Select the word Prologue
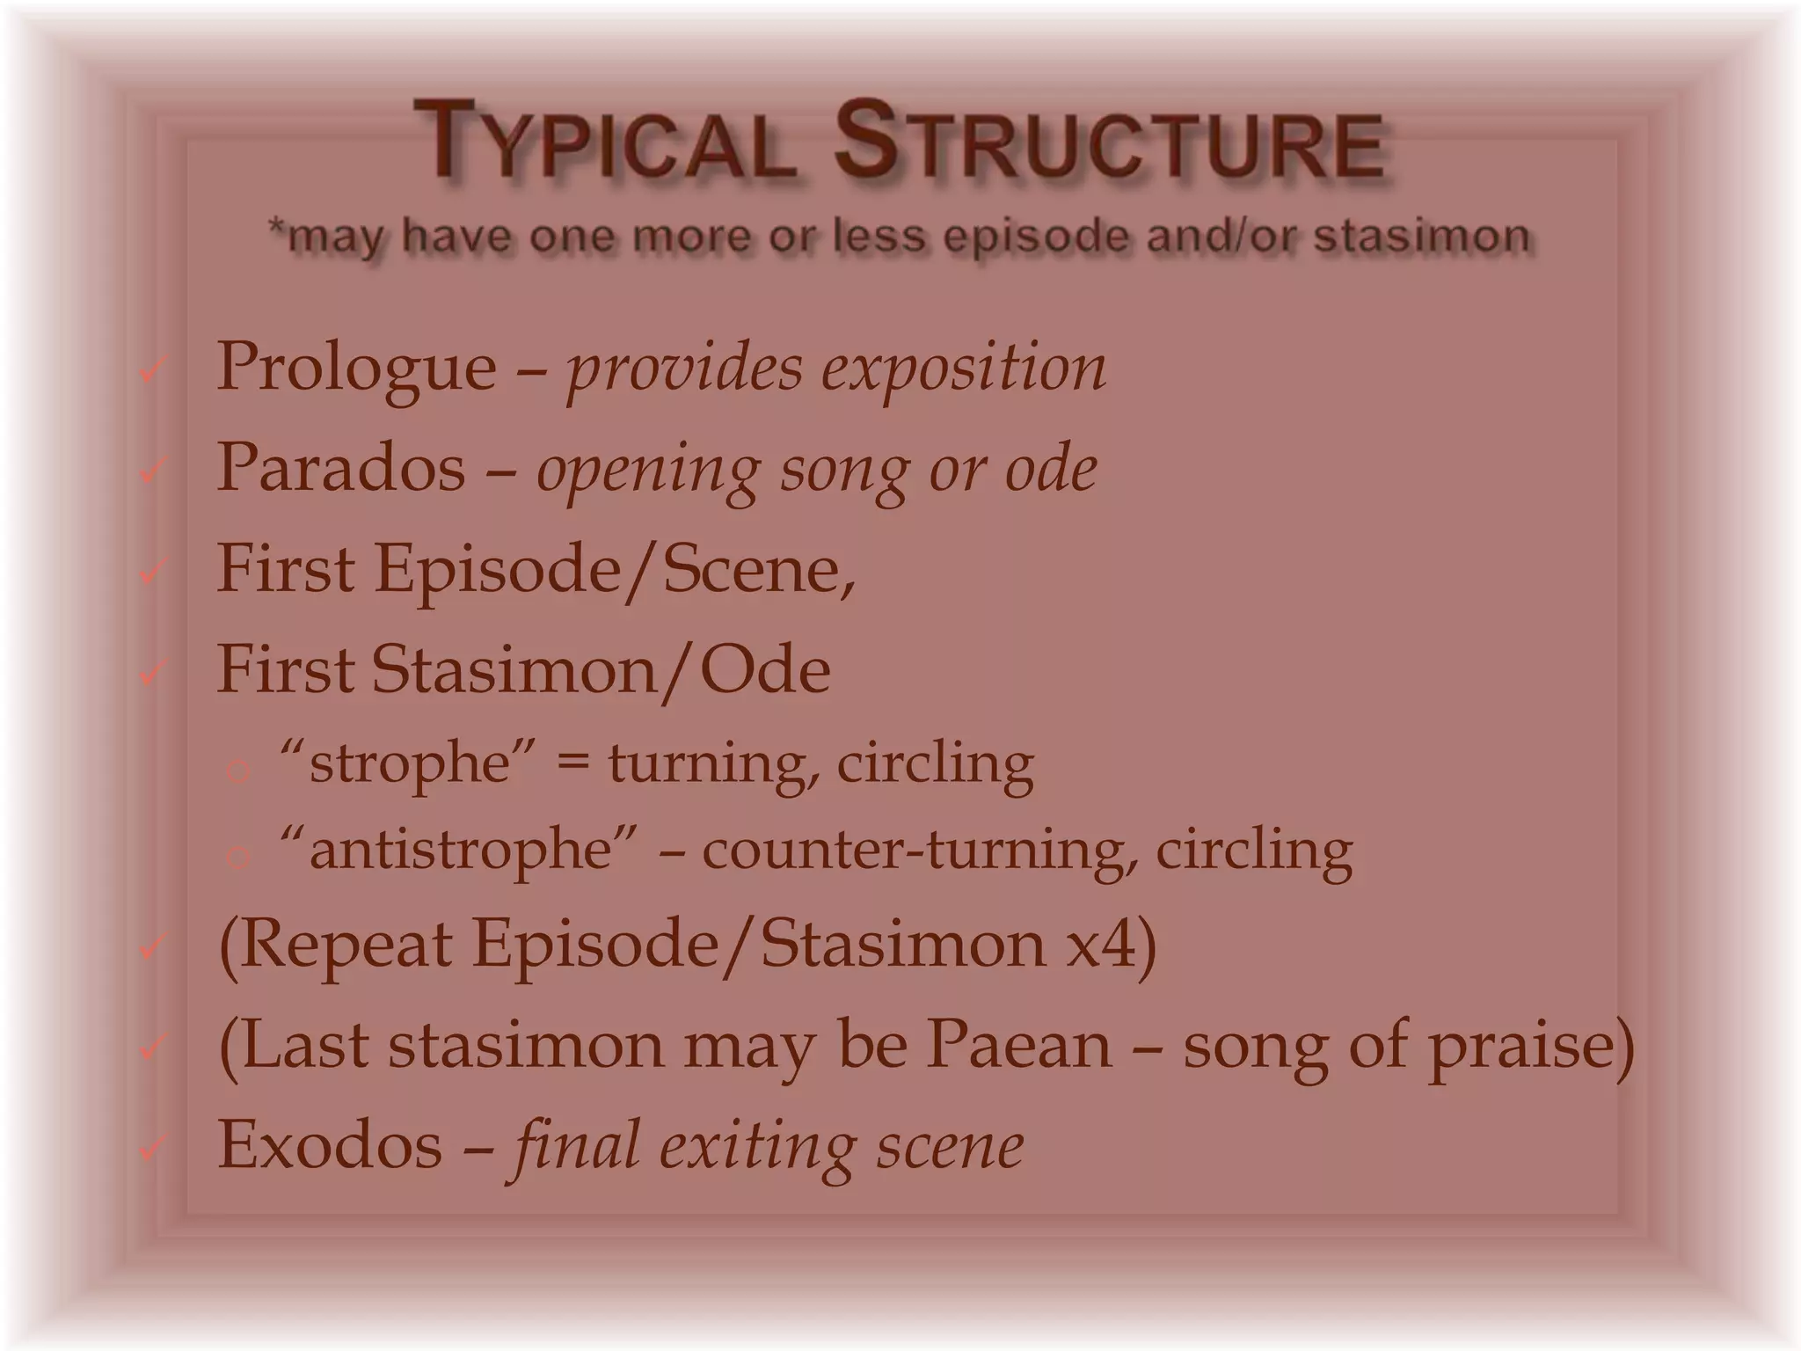point(356,368)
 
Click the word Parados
point(340,469)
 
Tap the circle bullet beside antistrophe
point(237,856)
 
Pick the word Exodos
point(330,1145)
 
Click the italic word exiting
point(756,1147)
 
